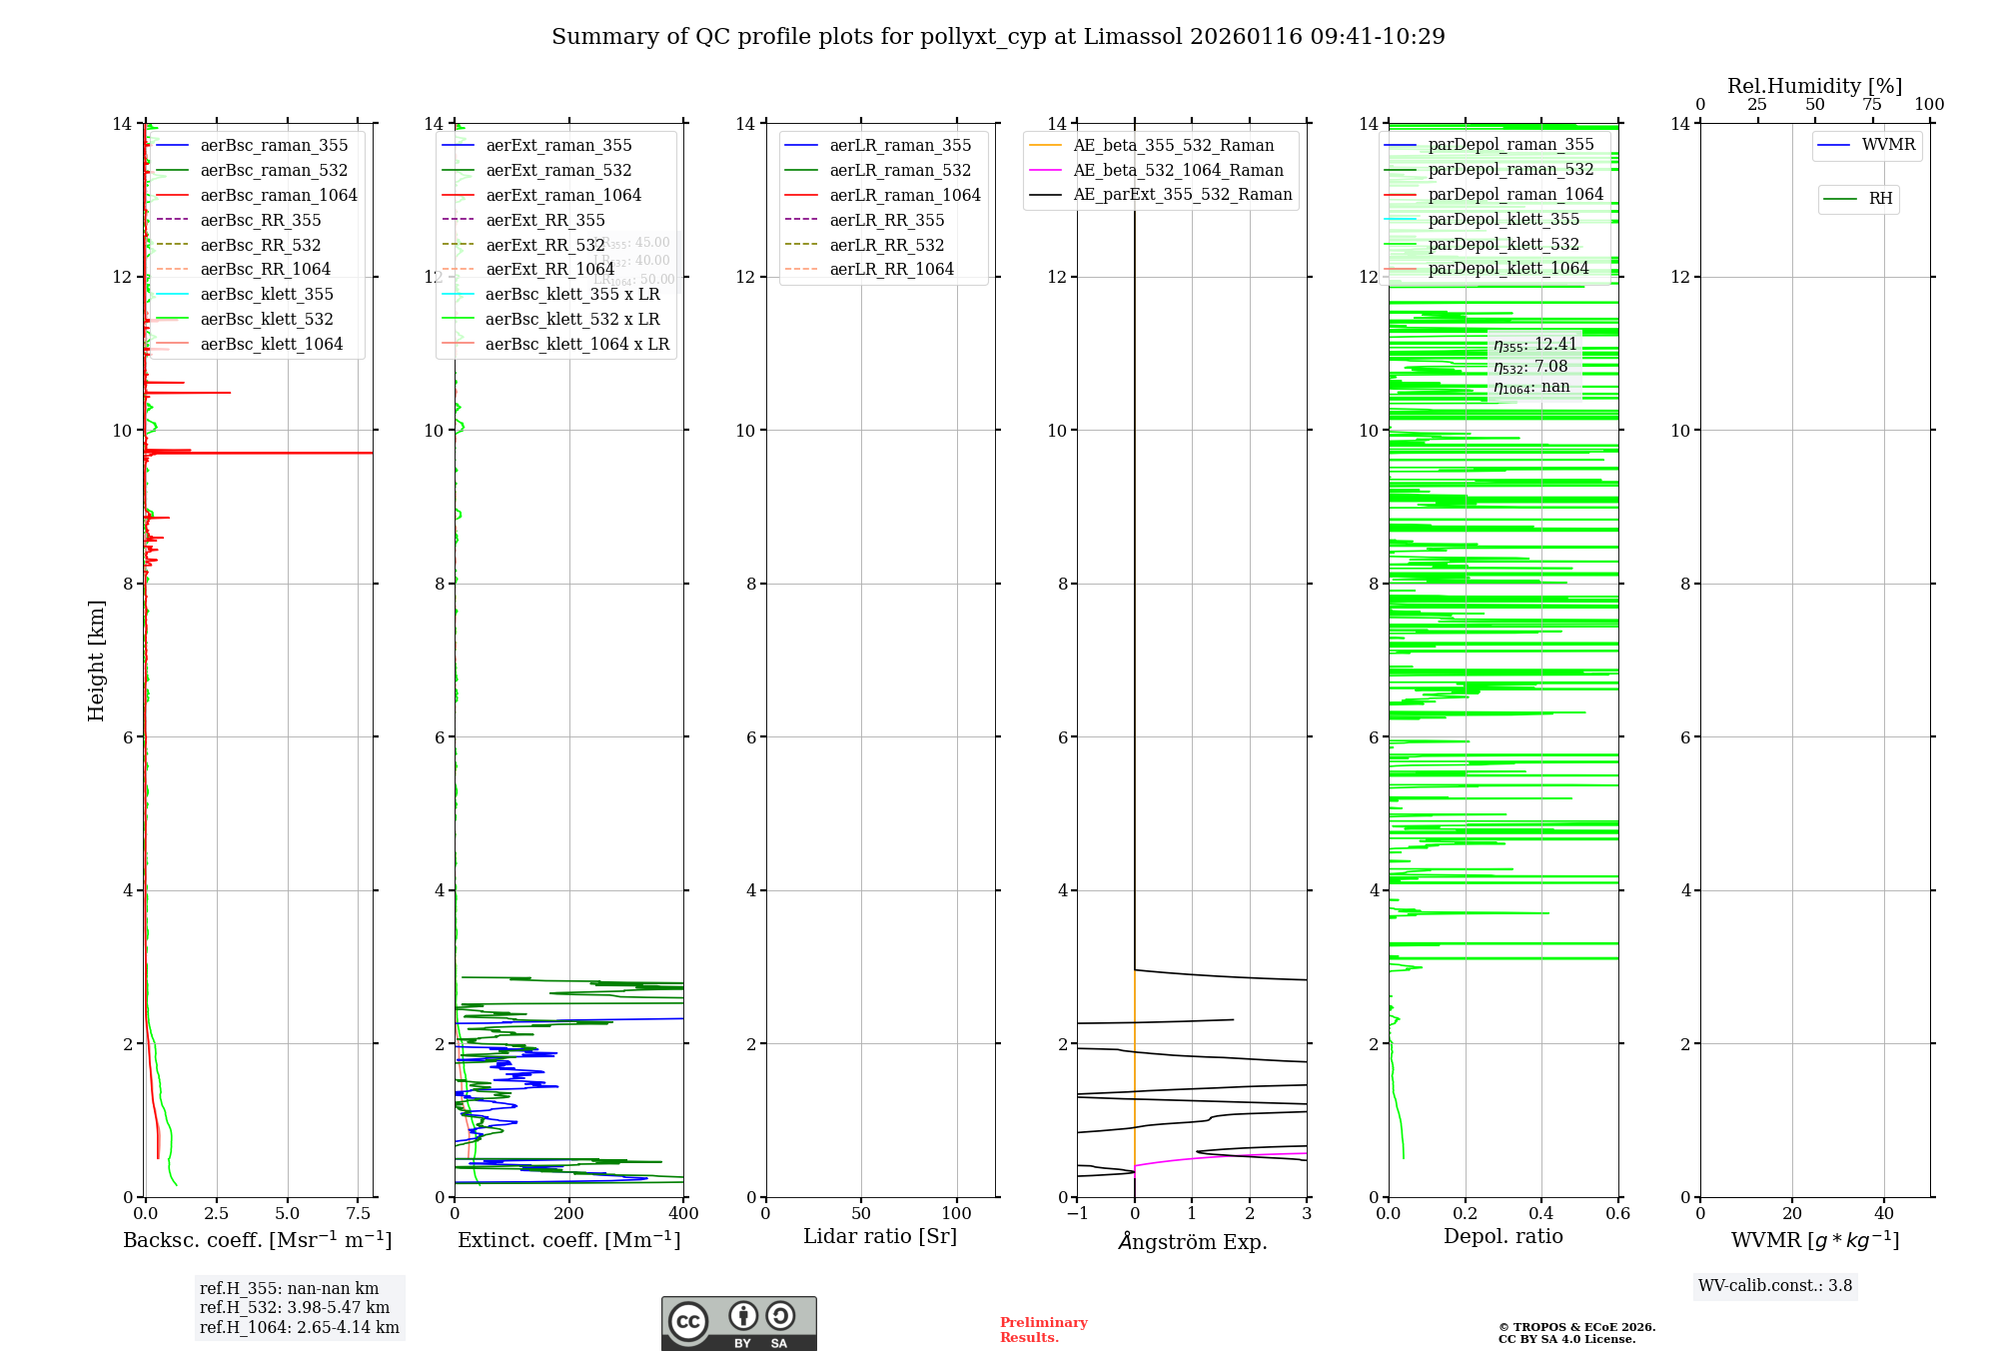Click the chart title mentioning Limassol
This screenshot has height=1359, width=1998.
(998, 37)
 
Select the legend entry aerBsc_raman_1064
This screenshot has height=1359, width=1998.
(278, 195)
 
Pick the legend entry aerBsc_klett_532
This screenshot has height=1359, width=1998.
(266, 319)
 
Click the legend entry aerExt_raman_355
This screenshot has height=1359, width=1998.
(558, 146)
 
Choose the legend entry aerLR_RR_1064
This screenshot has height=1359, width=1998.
(891, 269)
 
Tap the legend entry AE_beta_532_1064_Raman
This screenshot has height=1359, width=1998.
(1178, 170)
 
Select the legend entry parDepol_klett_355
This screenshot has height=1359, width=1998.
(1503, 219)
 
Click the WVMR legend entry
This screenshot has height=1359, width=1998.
(1887, 145)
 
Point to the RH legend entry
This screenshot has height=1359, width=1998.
(1880, 199)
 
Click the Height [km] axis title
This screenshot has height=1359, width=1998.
(96, 660)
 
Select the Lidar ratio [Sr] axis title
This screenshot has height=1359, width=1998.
(879, 1236)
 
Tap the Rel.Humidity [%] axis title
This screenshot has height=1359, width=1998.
(1814, 86)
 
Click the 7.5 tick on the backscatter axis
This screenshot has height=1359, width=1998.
(359, 1214)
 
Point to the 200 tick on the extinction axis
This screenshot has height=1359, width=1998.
(568, 1214)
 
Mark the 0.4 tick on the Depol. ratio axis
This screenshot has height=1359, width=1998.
(1541, 1214)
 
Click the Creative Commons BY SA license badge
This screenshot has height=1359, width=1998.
(738, 1324)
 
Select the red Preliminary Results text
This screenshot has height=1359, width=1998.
(1043, 1330)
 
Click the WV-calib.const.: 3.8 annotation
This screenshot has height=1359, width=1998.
(1775, 1286)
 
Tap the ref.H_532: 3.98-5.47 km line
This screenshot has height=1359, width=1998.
(295, 1307)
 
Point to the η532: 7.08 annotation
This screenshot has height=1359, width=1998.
(1530, 367)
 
